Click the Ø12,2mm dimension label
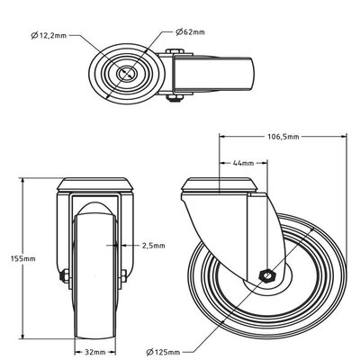49,36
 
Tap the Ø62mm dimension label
191,31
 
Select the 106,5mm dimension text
283,137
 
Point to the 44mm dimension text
243,163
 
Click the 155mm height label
22,258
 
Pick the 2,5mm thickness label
153,246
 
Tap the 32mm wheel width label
95,352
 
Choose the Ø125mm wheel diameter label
163,352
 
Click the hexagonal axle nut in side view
265,275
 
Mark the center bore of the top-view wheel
126,74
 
